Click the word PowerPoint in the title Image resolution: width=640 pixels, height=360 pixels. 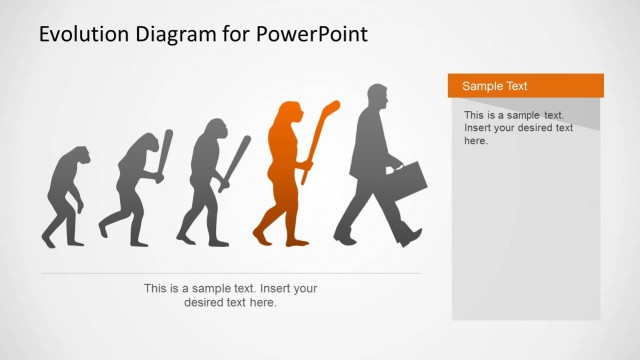(311, 34)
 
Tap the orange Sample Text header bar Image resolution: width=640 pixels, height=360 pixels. (525, 86)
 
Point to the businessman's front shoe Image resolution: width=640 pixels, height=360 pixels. (410, 237)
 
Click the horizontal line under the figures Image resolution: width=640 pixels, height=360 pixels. (230, 273)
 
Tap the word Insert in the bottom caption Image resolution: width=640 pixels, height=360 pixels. (272, 288)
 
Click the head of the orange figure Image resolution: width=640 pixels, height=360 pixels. (289, 112)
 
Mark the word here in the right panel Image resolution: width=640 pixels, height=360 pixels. (476, 141)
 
